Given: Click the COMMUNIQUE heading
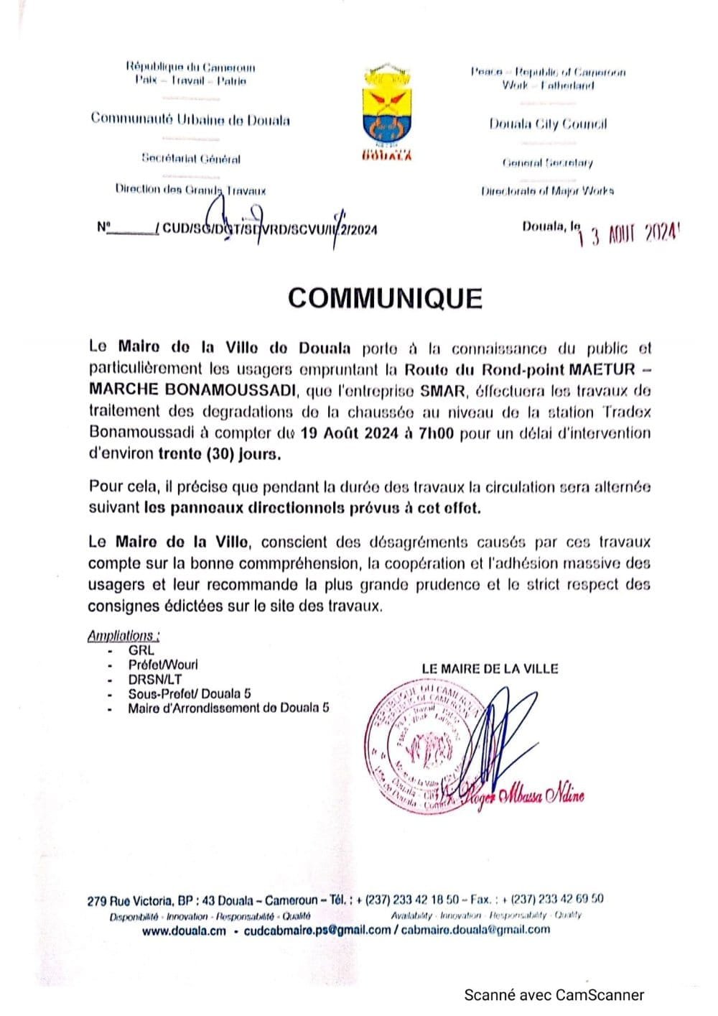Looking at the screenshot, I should coord(385,298).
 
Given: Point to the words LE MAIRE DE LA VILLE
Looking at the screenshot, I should coord(490,668).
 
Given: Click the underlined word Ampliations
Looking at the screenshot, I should coord(123,635).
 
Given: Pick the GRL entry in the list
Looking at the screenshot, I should coord(141,650).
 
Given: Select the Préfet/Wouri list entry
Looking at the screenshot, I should coord(163,665).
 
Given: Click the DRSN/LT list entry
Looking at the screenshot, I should coord(154,679).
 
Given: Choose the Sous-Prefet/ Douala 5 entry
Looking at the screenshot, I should coord(190,693).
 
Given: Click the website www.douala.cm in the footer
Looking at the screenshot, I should coord(184,930).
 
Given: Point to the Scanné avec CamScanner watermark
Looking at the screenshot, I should coord(554,995).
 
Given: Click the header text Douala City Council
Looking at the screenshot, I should coord(548,124).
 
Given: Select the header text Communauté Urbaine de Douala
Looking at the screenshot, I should coord(190,119).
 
